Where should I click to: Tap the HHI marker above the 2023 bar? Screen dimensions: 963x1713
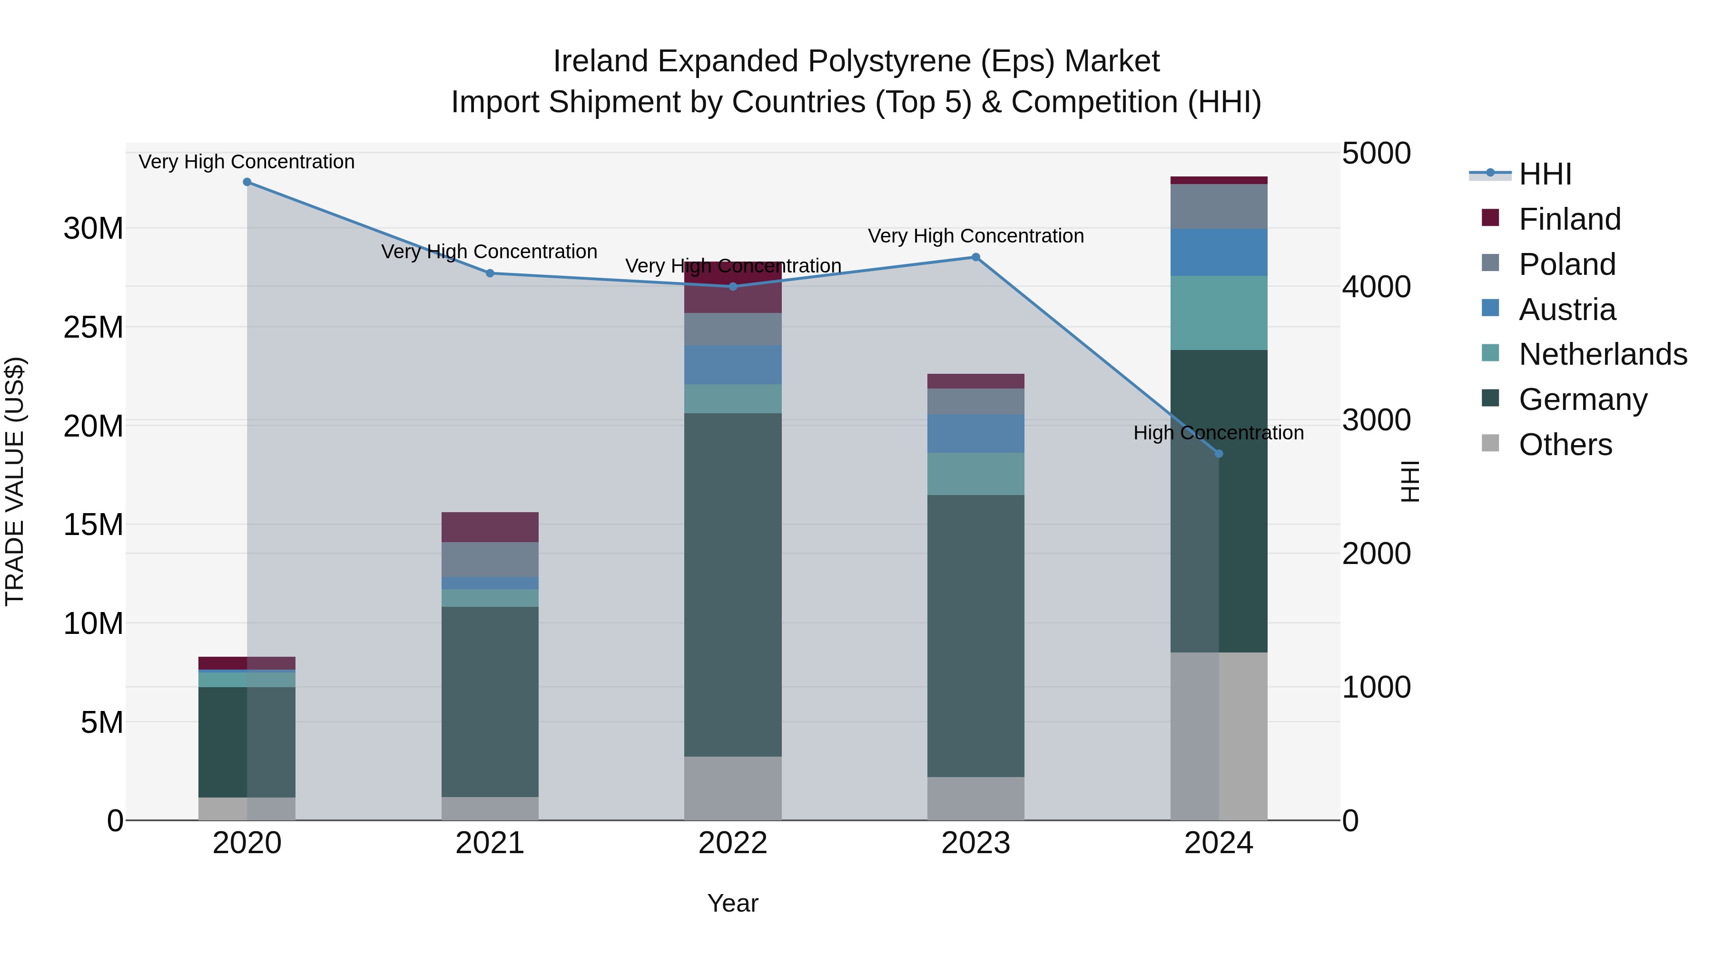[975, 257]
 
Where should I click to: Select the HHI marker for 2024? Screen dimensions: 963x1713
[1219, 454]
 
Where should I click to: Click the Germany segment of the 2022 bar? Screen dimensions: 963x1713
[733, 585]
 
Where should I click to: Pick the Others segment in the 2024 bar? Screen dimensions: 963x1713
[1219, 736]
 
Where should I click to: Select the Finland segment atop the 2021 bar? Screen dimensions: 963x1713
[490, 527]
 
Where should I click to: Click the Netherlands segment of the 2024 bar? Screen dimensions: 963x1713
[1219, 313]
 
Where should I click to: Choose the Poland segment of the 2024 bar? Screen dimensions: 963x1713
[1219, 207]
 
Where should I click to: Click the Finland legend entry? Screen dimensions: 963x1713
[1569, 219]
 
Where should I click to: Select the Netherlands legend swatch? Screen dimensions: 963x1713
[1491, 353]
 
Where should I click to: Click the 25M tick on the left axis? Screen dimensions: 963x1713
[93, 328]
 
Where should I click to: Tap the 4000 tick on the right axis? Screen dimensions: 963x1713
[1376, 287]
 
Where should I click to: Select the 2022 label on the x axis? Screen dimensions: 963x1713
[733, 843]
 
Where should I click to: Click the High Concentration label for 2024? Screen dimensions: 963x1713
[1218, 433]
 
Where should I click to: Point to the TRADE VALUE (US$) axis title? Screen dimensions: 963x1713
[15, 481]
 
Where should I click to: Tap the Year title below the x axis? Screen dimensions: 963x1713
[733, 903]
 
